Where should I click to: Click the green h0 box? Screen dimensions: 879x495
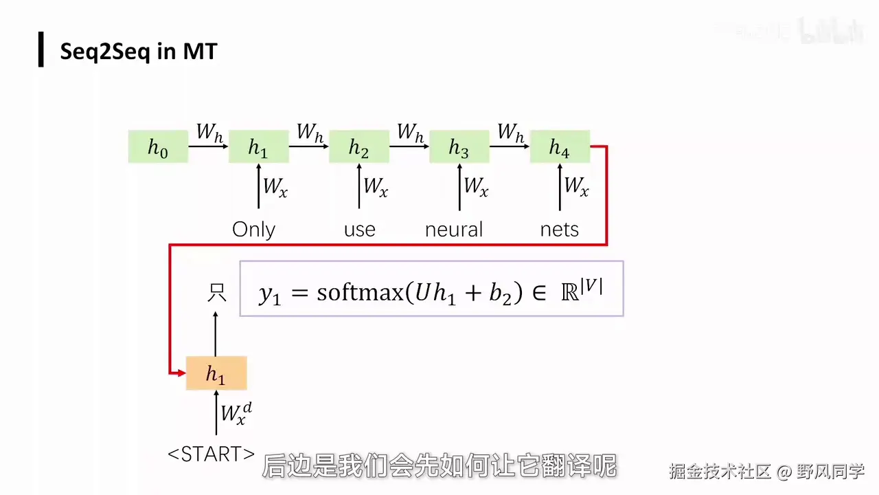point(158,146)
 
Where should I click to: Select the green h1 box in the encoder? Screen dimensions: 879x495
point(258,146)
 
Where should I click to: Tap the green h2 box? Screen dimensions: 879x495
point(358,146)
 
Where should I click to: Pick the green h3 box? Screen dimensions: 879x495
point(459,146)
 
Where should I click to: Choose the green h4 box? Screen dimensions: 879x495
point(559,146)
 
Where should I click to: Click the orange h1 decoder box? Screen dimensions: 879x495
point(216,373)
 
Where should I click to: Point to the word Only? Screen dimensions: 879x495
point(253,229)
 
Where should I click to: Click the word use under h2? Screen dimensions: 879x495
point(359,229)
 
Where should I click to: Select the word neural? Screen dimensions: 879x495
point(454,229)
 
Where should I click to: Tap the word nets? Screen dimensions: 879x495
point(559,229)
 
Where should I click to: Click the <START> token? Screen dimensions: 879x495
point(212,454)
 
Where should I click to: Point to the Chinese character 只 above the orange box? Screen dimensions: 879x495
point(216,294)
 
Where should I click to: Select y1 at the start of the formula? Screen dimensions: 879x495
point(269,294)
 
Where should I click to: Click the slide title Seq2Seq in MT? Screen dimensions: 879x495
point(138,52)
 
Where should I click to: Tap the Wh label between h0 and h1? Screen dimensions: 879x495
point(209,132)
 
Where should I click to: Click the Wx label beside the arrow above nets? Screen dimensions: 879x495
point(575,186)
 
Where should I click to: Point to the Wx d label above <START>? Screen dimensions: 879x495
point(236,412)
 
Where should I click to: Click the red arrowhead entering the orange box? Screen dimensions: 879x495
point(181,373)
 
